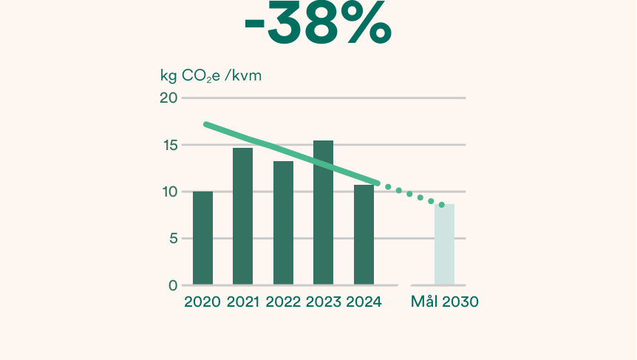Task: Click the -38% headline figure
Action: [318, 24]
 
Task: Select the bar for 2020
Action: [202, 238]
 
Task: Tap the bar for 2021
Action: [242, 216]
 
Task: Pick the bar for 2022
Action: [283, 223]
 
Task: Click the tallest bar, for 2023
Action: [323, 212]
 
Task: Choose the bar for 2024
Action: [364, 234]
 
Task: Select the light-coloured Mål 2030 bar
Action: [444, 245]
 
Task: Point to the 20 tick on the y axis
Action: [169, 98]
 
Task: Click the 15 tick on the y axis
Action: [169, 145]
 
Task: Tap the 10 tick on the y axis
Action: [169, 192]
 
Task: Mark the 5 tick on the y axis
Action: [173, 239]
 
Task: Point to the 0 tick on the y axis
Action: [173, 285]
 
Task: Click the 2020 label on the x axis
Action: [202, 302]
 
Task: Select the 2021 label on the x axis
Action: [242, 302]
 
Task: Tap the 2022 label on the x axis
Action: [283, 302]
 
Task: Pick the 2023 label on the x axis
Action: [323, 302]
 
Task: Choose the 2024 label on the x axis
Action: [364, 302]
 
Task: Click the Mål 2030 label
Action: [444, 302]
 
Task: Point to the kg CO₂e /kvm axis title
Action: [211, 75]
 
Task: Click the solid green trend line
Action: [292, 153]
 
